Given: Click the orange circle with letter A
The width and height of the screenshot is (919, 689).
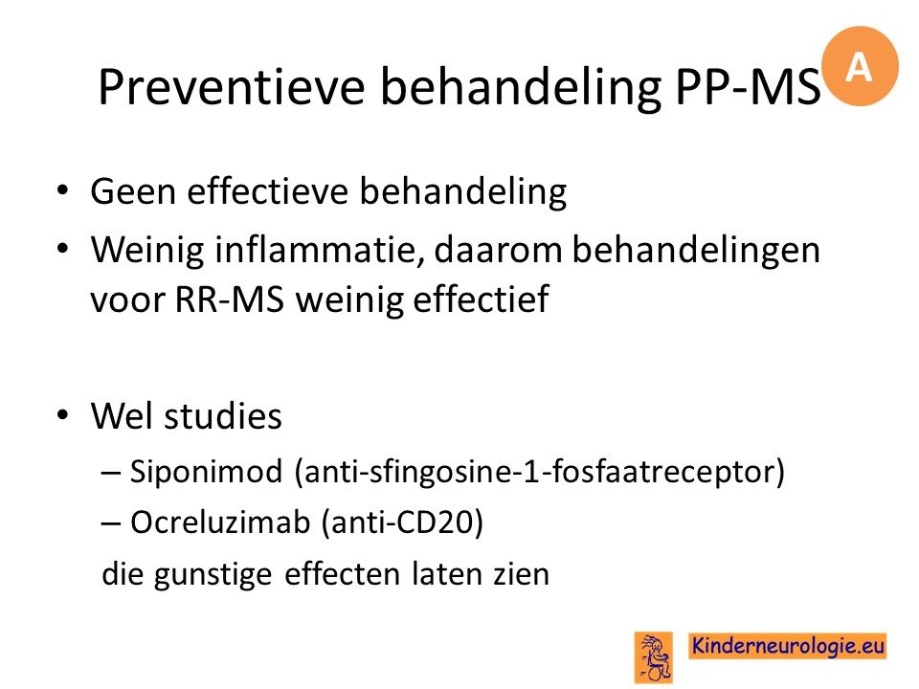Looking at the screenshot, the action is (860, 66).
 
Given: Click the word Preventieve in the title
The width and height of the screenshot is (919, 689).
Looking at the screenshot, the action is (232, 87).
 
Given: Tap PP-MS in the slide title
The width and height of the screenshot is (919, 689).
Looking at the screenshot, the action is (748, 87).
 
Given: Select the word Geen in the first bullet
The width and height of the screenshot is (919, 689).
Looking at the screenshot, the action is (133, 191).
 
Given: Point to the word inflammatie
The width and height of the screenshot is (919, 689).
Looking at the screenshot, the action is (319, 250).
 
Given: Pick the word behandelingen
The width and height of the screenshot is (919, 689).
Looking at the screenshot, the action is (696, 250).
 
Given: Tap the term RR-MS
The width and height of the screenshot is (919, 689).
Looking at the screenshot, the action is (230, 300).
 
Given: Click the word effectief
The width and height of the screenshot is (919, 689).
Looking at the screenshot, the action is (481, 299).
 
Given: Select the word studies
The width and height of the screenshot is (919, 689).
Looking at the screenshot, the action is (223, 416).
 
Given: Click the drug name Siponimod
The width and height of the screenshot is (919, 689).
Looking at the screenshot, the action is (207, 472).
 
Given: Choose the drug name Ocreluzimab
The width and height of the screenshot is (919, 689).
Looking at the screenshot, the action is (220, 522).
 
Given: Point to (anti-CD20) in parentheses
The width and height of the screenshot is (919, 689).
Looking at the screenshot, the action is (403, 522).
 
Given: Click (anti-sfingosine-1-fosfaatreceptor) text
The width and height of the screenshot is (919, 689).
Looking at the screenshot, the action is (539, 472).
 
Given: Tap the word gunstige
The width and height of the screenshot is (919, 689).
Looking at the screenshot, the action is (213, 575).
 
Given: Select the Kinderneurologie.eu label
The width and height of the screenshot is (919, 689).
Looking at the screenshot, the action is (788, 646).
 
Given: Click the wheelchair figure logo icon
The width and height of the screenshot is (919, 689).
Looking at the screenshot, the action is (654, 657).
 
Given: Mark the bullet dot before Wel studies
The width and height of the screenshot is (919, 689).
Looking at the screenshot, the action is (62, 414).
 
